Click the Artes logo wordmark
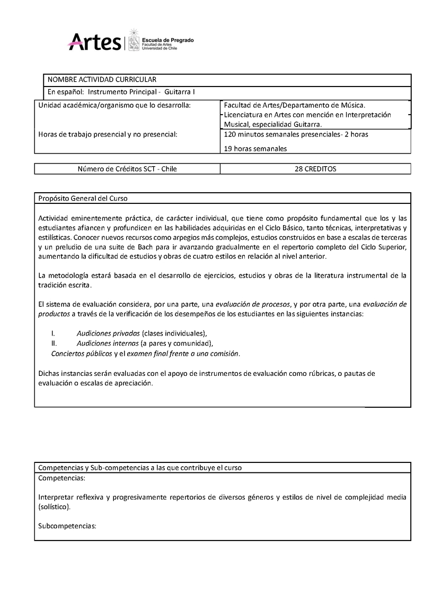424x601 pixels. (94, 41)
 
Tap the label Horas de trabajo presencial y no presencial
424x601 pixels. (108, 134)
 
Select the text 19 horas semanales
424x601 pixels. (255, 149)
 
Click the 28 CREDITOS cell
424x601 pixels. (315, 169)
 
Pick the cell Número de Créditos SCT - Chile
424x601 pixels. (127, 169)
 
